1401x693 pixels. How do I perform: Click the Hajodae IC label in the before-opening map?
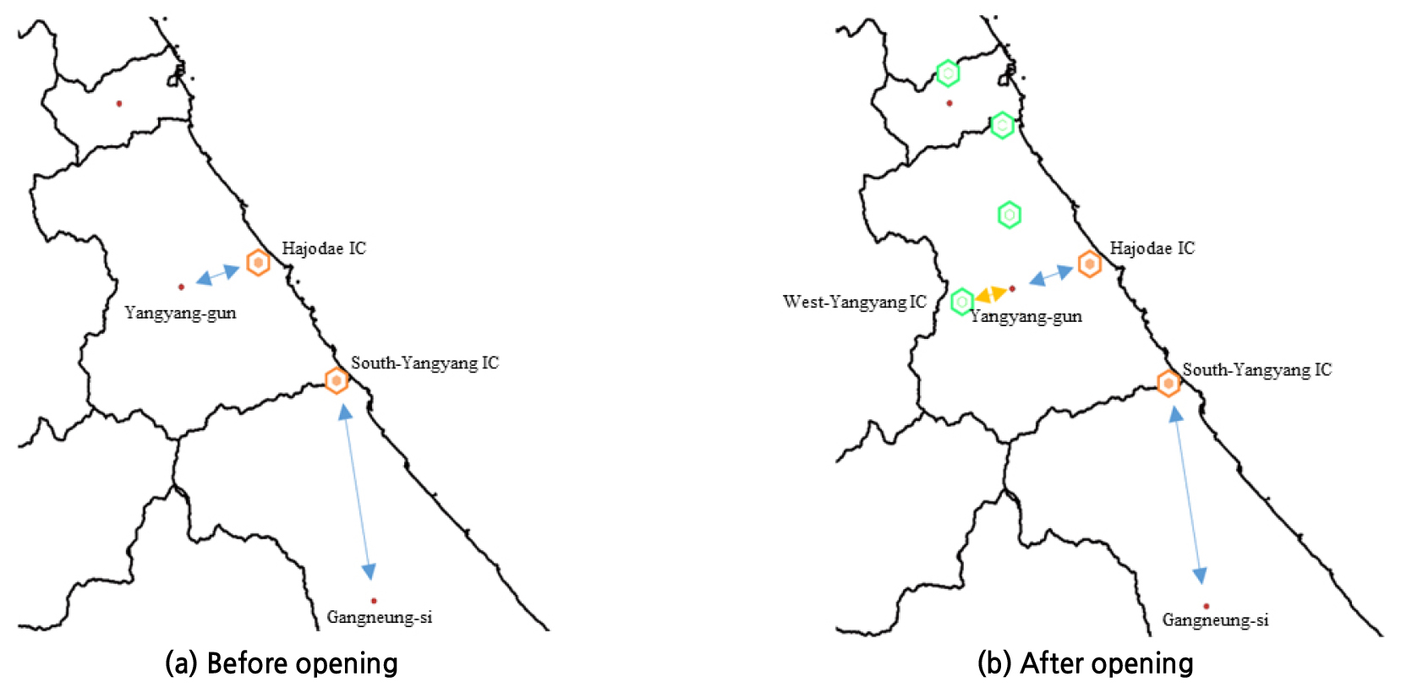(324, 248)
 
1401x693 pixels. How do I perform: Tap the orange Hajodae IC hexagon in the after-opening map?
(1090, 265)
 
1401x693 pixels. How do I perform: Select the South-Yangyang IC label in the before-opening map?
(424, 363)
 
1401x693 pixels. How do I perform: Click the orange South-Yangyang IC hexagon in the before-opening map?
(337, 380)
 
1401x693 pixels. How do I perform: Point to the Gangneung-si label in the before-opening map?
(380, 618)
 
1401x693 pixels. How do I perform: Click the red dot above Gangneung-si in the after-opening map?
(1206, 606)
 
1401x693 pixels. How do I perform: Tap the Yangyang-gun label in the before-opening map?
(181, 313)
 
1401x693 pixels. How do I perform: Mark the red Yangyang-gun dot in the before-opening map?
(182, 287)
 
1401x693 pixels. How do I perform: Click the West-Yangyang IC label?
(854, 302)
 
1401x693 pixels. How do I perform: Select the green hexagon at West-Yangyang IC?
(962, 302)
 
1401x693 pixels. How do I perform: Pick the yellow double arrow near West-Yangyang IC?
(991, 294)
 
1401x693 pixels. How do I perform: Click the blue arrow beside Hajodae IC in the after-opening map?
(1051, 276)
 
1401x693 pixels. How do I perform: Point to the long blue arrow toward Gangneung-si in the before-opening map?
(357, 492)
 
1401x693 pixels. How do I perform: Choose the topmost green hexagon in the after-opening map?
(948, 74)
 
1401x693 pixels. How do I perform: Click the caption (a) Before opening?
(282, 663)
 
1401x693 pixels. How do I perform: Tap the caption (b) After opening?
(1085, 663)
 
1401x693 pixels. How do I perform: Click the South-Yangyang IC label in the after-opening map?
(1257, 370)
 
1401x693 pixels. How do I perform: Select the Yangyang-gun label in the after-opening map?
(1026, 317)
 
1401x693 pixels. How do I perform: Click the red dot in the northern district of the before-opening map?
(119, 104)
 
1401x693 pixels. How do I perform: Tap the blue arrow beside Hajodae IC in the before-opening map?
(217, 275)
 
